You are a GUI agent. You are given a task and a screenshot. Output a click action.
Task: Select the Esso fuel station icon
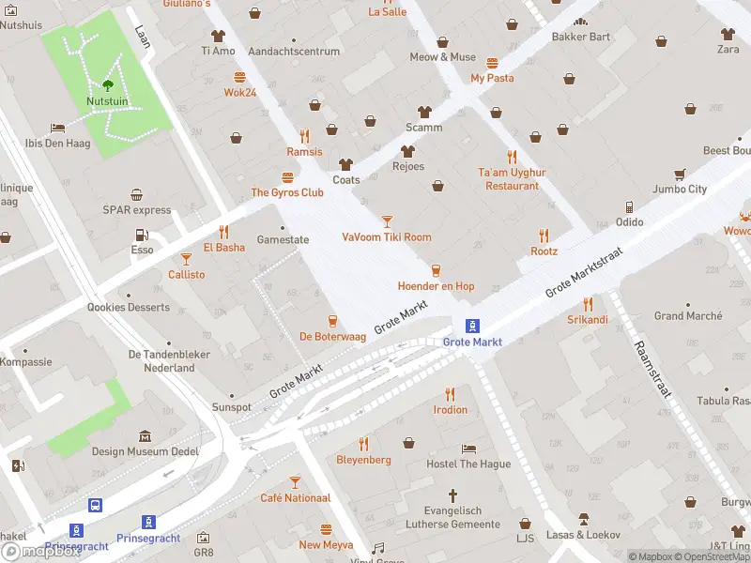tap(142, 235)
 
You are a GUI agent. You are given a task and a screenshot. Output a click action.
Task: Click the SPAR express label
tap(137, 210)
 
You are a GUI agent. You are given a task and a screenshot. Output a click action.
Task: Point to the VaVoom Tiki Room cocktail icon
tap(387, 221)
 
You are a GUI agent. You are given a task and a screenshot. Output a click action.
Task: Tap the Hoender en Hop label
tap(436, 285)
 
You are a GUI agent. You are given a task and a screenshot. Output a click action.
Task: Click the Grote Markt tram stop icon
tap(473, 327)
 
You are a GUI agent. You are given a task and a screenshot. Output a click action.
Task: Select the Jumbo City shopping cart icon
tap(680, 174)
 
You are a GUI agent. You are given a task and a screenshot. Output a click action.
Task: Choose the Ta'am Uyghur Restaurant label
tap(512, 179)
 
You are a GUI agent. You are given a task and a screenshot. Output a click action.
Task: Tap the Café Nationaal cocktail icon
tap(295, 482)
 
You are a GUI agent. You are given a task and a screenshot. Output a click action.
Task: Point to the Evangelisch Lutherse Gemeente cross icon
tap(452, 495)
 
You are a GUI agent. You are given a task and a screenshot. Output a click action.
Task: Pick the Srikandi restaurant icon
tap(588, 304)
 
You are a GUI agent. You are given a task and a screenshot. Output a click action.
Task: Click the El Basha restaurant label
tap(223, 248)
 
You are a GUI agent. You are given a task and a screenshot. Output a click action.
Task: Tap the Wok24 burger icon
tap(240, 77)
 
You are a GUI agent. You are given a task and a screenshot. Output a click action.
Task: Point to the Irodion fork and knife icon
tap(451, 394)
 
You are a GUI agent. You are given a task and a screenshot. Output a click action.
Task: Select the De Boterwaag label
tap(331, 336)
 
